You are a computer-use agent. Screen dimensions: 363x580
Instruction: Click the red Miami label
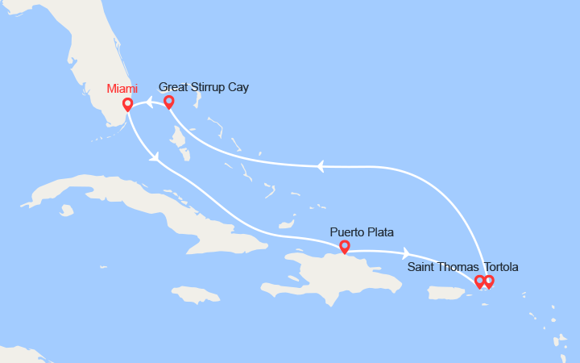click(122, 89)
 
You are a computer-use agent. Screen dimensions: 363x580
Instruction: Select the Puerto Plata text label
click(362, 232)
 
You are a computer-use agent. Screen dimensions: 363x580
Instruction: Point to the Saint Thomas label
click(443, 267)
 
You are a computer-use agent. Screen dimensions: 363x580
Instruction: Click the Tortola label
click(501, 267)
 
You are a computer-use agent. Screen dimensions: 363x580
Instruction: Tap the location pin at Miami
click(127, 105)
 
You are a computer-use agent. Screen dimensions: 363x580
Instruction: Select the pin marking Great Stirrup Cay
click(169, 102)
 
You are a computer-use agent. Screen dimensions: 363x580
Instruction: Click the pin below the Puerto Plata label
click(345, 247)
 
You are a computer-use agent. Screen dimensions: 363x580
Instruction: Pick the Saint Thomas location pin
click(479, 282)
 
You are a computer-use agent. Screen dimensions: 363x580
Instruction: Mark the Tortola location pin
click(489, 282)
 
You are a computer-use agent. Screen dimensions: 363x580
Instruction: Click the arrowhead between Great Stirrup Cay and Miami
click(150, 102)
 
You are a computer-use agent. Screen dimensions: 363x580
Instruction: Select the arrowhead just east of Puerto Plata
click(407, 252)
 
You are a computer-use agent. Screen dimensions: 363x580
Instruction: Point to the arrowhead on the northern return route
click(320, 167)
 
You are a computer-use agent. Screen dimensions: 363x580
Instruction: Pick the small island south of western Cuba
click(67, 211)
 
